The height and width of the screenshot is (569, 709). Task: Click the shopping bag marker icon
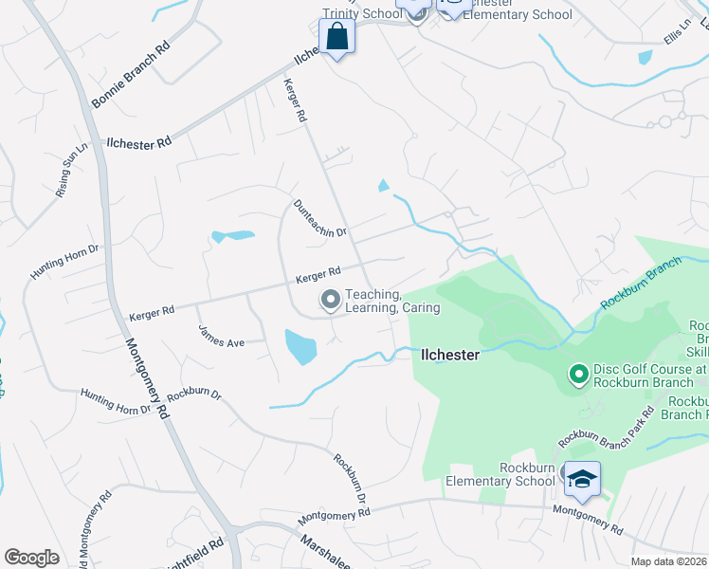point(336,38)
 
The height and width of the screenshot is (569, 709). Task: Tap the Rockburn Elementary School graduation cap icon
point(580,478)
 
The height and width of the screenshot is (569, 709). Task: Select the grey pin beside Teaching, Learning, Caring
point(331,301)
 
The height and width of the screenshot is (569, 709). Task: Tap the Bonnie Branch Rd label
point(129,75)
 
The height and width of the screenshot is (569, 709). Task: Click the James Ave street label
point(222,337)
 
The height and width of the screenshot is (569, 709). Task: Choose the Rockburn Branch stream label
point(641,290)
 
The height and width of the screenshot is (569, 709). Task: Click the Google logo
point(31,558)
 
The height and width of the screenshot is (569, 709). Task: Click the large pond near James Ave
point(300,346)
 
